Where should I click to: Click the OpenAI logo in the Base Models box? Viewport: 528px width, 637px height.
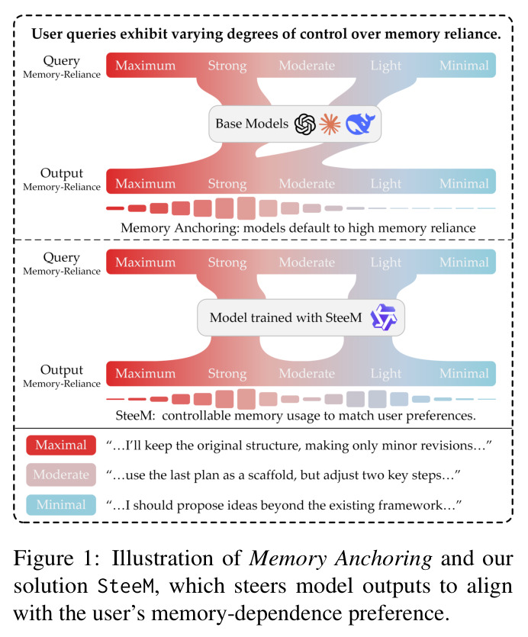305,124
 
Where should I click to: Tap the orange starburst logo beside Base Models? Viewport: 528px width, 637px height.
330,124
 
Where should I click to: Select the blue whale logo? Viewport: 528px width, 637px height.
360,124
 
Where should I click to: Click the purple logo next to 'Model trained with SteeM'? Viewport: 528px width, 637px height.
384,317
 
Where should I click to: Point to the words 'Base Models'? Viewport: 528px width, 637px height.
252,124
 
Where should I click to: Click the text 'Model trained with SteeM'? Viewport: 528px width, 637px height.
285,317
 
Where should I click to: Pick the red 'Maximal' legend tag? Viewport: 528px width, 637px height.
61,446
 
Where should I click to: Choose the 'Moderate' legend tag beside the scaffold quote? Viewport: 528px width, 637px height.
61,475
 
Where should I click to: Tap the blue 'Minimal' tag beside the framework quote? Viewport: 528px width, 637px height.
61,505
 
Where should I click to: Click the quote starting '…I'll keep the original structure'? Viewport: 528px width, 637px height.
299,446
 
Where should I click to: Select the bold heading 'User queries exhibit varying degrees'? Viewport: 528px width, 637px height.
266,34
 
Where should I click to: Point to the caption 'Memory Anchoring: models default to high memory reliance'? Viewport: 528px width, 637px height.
298,228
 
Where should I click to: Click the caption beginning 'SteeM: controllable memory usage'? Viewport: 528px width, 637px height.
295,416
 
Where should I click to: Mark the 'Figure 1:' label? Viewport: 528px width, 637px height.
56,558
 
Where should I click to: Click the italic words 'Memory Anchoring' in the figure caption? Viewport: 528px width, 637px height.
340,559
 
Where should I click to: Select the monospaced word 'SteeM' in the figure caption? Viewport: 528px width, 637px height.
126,586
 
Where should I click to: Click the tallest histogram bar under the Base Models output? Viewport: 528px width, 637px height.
246,208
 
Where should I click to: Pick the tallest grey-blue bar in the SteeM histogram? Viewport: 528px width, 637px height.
377,399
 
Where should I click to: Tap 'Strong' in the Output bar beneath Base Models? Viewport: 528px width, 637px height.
227,184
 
